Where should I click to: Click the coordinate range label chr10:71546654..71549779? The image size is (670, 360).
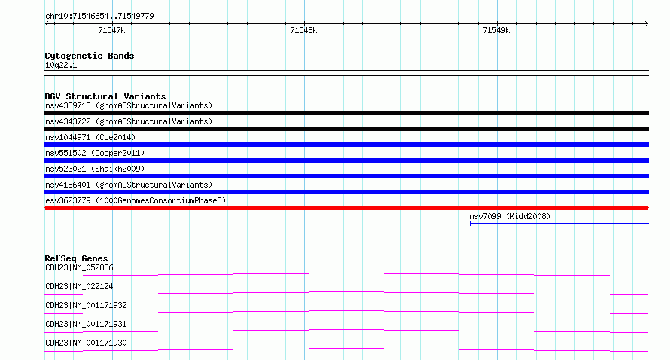click(x=99, y=17)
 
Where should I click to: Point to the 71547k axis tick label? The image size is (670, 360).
click(x=111, y=30)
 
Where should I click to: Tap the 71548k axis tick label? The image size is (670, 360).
click(x=303, y=30)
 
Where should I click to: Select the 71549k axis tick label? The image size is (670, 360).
click(x=496, y=30)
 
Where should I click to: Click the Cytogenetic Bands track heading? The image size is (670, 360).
click(x=90, y=56)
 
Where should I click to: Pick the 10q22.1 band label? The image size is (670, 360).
click(x=61, y=65)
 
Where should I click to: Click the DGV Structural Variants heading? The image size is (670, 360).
click(x=105, y=96)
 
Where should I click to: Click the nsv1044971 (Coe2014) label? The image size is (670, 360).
click(x=90, y=137)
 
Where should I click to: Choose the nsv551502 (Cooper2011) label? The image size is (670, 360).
click(x=95, y=153)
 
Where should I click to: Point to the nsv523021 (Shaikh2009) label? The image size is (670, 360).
click(x=95, y=169)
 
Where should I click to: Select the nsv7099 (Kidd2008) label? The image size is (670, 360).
click(x=510, y=216)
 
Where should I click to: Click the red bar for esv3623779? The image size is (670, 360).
click(x=346, y=208)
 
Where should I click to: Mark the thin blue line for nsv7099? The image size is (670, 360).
click(x=559, y=223)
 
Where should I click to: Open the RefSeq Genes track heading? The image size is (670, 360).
click(x=76, y=258)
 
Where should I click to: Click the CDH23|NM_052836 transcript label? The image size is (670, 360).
click(x=79, y=267)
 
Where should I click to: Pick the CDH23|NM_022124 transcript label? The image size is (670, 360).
click(x=79, y=286)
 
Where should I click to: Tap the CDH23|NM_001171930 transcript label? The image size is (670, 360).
click(x=86, y=343)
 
